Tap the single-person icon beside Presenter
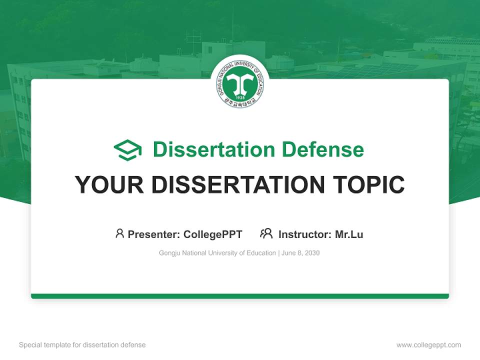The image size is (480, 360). (119, 233)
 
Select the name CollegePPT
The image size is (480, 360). (212, 234)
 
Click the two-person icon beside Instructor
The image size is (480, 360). (266, 233)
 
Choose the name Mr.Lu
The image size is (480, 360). (349, 234)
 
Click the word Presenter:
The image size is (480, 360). (154, 234)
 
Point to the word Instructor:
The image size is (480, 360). (304, 234)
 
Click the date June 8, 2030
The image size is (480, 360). (300, 253)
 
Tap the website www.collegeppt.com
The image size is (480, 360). (428, 345)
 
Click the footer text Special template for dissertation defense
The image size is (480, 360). (82, 345)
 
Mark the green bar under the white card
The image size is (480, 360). (240, 296)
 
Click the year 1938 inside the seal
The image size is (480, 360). (240, 97)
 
